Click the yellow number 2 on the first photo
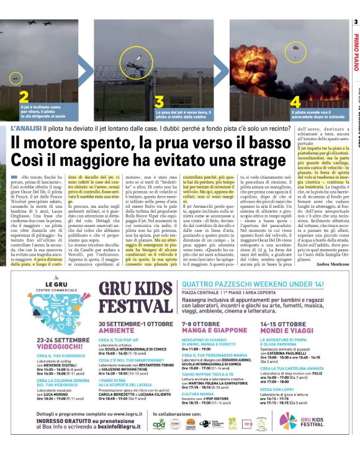pos(24,96)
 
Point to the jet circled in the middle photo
pos(153,61)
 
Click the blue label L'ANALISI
pos(26,127)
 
